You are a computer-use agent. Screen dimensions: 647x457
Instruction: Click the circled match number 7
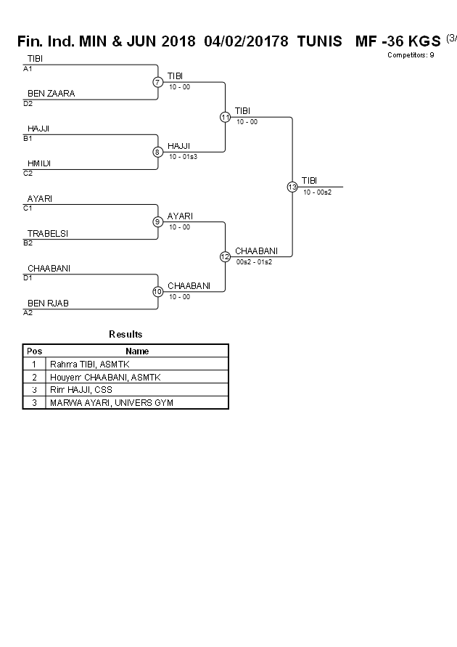(157, 82)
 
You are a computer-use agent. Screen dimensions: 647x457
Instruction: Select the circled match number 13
(292, 187)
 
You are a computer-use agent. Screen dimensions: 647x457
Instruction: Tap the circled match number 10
(157, 292)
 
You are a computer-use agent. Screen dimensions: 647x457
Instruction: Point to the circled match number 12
(225, 256)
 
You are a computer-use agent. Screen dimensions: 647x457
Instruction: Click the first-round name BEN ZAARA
(51, 94)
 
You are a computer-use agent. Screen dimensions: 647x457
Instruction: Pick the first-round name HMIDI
(40, 163)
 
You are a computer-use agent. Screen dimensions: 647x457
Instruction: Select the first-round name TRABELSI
(52, 233)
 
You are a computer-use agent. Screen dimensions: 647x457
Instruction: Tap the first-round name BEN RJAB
(48, 303)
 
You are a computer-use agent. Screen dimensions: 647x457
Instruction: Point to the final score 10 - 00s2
(317, 192)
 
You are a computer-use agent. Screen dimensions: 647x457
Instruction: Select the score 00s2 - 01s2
(254, 261)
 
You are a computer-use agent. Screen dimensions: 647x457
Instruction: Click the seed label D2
(28, 104)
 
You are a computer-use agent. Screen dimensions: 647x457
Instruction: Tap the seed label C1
(28, 208)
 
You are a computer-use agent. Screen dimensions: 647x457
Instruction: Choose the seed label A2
(28, 313)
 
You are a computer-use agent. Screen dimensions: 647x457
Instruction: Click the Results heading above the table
(125, 335)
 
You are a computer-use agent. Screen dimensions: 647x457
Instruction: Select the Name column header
(137, 351)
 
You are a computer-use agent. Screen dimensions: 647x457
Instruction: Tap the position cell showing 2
(34, 377)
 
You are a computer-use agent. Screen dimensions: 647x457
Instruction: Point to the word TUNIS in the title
(319, 42)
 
